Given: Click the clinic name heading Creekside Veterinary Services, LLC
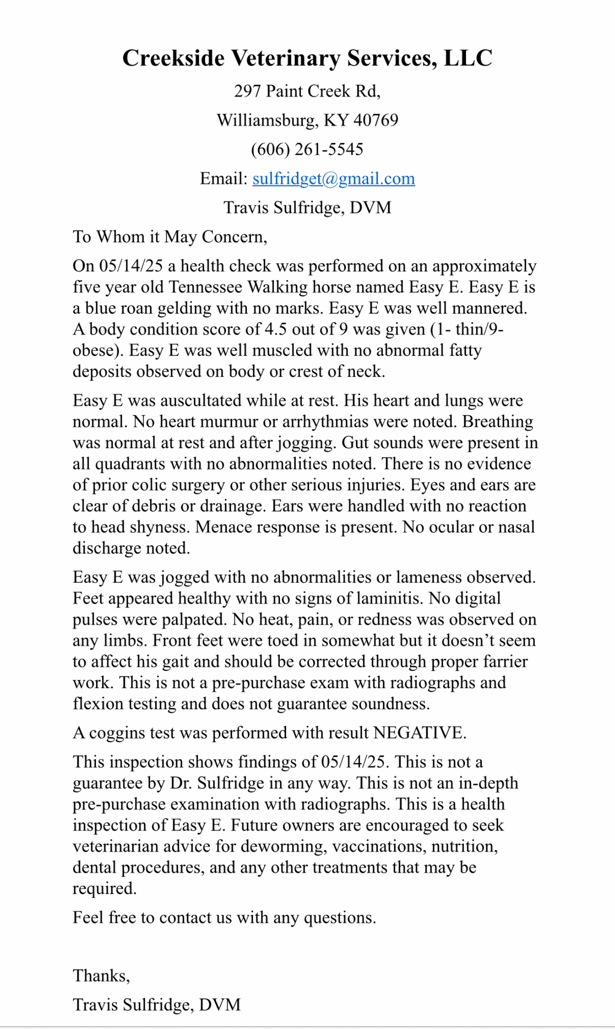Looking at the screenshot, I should pos(307,59).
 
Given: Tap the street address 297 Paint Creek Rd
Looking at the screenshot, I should pos(307,91).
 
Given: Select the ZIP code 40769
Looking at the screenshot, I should pos(376,121).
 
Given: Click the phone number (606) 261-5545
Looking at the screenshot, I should pos(307,150).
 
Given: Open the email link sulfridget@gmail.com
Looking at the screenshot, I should pos(334,179).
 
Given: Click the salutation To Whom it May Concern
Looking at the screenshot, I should pos(170,237).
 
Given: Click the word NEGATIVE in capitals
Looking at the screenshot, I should pos(419,733).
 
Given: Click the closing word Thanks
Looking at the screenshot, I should pos(101,976).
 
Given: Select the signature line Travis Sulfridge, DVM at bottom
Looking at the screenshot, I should pos(157,1005).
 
